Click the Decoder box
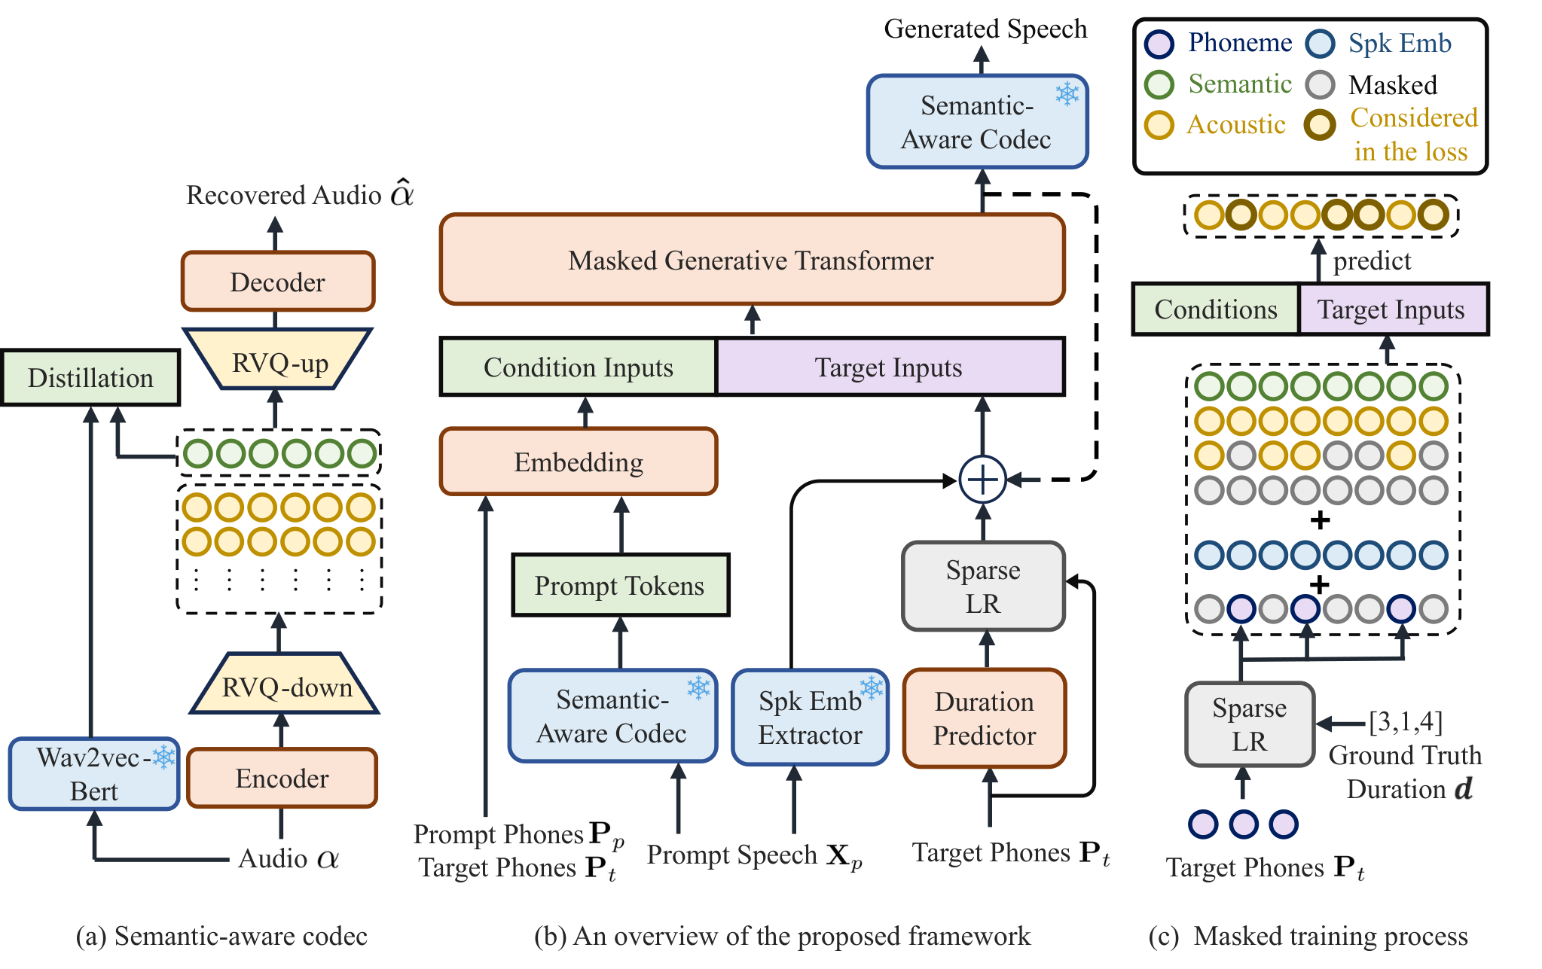[278, 282]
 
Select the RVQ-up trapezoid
[278, 358]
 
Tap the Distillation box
[90, 377]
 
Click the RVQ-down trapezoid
[284, 683]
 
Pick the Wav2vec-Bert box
[94, 774]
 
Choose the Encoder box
[282, 778]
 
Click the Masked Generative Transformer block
[752, 260]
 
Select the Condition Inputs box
[579, 367]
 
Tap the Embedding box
[579, 462]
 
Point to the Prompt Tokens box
[620, 585]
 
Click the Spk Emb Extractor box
[811, 718]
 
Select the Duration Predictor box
[985, 718]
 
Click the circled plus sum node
[982, 479]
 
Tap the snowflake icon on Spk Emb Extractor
[872, 687]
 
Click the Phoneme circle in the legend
[1159, 44]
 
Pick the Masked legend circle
[1320, 85]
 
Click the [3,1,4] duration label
[1406, 721]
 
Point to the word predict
[1372, 261]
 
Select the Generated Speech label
[985, 29]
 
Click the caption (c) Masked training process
[1308, 936]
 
